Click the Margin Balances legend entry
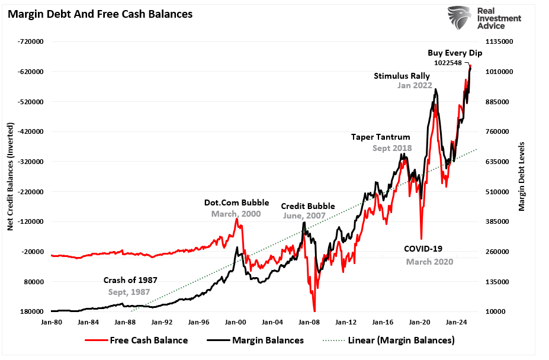click(x=256, y=340)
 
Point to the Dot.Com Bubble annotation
click(x=236, y=202)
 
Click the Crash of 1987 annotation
click(x=130, y=281)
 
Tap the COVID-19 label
click(x=423, y=249)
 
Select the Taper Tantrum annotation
click(x=380, y=137)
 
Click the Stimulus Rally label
click(x=402, y=76)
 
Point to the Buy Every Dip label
click(x=455, y=53)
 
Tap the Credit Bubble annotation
click(x=303, y=206)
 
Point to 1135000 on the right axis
click(x=500, y=42)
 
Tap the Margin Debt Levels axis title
click(x=522, y=176)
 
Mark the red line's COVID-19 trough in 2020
click(x=421, y=238)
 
